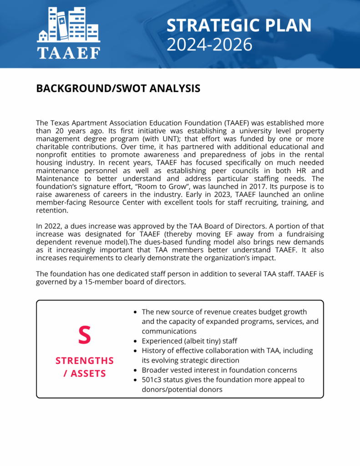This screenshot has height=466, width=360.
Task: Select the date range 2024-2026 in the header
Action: click(x=209, y=45)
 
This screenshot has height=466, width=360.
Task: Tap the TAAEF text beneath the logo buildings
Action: click(x=68, y=52)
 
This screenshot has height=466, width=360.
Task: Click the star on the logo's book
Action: click(x=61, y=20)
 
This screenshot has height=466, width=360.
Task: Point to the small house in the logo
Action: click(x=43, y=35)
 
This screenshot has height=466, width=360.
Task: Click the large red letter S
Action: click(x=84, y=335)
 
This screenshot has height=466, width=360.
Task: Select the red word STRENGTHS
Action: click(x=85, y=361)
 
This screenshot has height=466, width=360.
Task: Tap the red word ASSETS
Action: click(x=88, y=374)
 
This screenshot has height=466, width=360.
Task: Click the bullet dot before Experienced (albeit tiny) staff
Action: click(x=135, y=341)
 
